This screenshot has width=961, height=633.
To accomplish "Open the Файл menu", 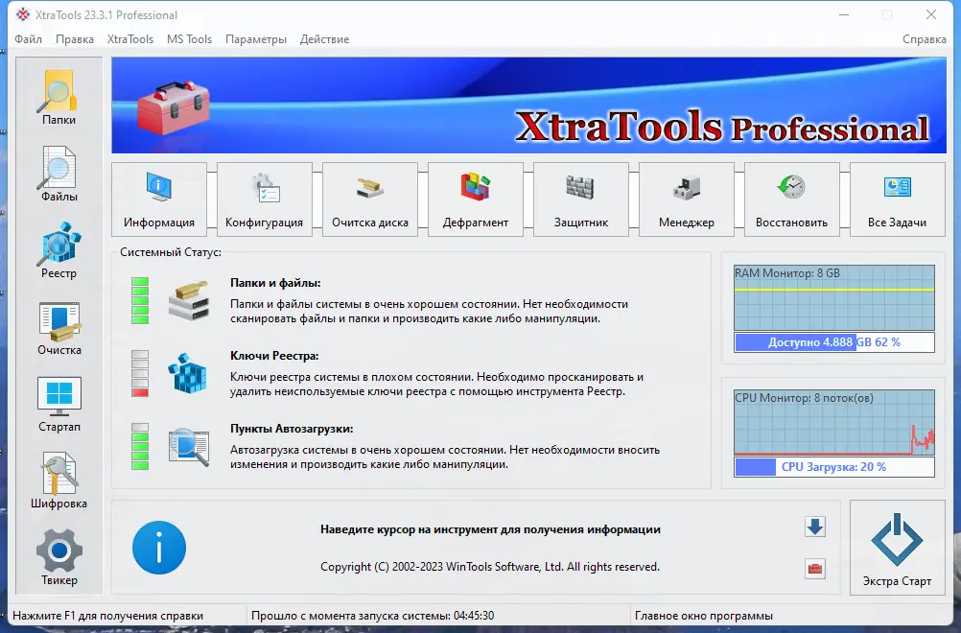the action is pyautogui.click(x=28, y=39).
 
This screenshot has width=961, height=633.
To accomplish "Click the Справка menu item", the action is pyautogui.click(x=925, y=39).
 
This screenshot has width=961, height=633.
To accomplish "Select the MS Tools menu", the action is pyautogui.click(x=189, y=39).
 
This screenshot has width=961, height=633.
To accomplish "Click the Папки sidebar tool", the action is pyautogui.click(x=59, y=98).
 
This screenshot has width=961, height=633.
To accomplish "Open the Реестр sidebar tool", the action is pyautogui.click(x=59, y=250).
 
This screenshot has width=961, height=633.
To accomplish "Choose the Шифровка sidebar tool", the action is pyautogui.click(x=59, y=481).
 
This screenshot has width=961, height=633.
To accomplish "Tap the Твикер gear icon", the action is pyautogui.click(x=59, y=550).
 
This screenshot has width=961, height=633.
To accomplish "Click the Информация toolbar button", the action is pyautogui.click(x=159, y=199).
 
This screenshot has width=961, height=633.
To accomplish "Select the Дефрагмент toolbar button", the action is pyautogui.click(x=476, y=199).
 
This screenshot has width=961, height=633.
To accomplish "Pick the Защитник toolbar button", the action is pyautogui.click(x=581, y=199).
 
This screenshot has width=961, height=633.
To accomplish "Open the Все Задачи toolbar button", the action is pyautogui.click(x=898, y=199).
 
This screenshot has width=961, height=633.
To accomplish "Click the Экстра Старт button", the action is pyautogui.click(x=898, y=548).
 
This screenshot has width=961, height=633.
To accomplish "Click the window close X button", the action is pyautogui.click(x=931, y=14).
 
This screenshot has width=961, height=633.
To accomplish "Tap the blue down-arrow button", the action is pyautogui.click(x=815, y=527).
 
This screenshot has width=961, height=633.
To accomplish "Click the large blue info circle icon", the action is pyautogui.click(x=159, y=548).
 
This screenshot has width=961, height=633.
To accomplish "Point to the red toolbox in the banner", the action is pyautogui.click(x=174, y=106).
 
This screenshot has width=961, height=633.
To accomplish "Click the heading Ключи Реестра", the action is pyautogui.click(x=274, y=356).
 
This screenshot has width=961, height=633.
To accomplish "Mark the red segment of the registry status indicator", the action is pyautogui.click(x=140, y=392).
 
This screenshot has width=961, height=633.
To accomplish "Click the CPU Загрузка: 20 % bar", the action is pyautogui.click(x=834, y=467).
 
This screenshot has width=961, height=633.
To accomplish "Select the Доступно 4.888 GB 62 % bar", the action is pyautogui.click(x=834, y=342).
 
